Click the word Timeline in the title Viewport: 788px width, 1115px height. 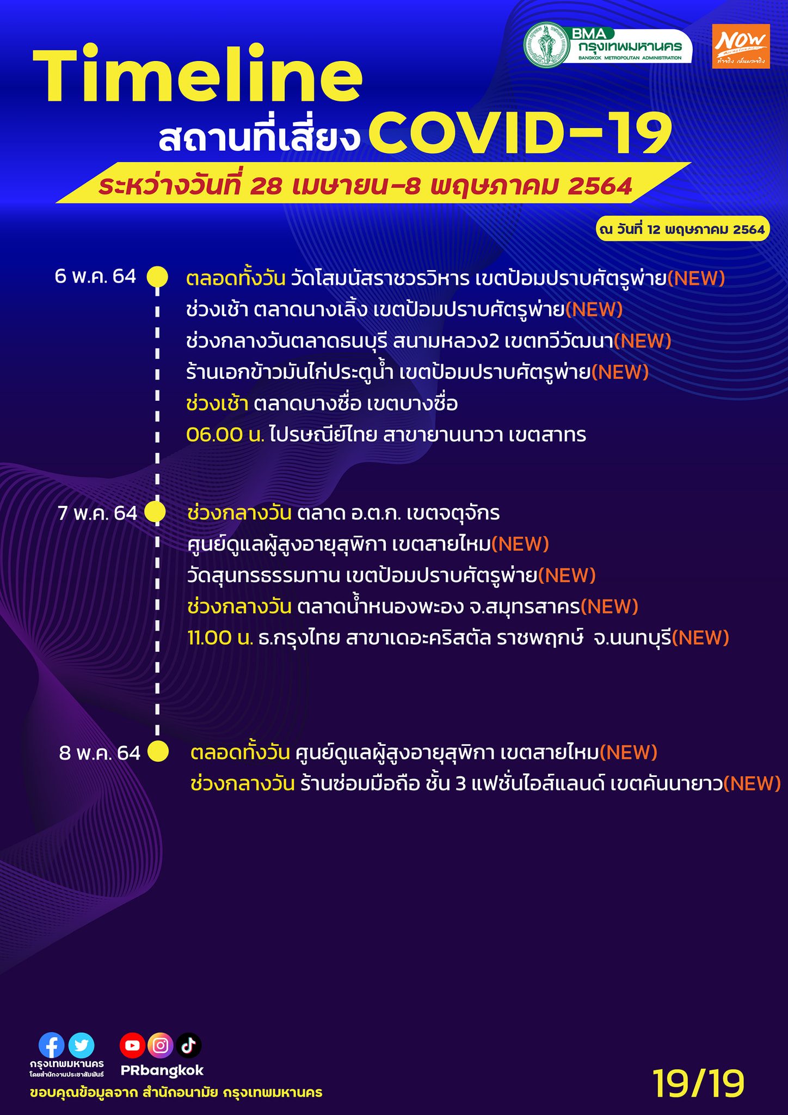click(x=198, y=74)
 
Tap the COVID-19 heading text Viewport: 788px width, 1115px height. click(x=520, y=133)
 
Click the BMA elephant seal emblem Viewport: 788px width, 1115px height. click(x=546, y=45)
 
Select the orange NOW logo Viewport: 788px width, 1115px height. click(x=741, y=46)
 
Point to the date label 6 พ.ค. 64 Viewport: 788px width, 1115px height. click(x=95, y=276)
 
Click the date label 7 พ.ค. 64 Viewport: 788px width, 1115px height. click(x=97, y=513)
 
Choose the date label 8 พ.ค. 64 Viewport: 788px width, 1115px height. click(x=100, y=753)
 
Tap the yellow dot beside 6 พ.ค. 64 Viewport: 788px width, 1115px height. click(x=157, y=277)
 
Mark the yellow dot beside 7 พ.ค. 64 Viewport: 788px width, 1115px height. click(x=155, y=512)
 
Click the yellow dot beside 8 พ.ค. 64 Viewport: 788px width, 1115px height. click(x=158, y=751)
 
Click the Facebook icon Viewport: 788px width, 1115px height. click(x=52, y=1045)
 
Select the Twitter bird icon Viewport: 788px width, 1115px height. click(x=81, y=1045)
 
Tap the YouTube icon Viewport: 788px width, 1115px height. click(x=132, y=1045)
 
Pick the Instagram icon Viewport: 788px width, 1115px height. click(x=161, y=1045)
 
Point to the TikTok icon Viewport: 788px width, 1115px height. click(x=189, y=1045)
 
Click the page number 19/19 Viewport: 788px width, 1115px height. click(x=698, y=1083)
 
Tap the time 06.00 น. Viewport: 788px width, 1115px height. click(x=225, y=434)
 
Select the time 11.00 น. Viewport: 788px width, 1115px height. click(x=220, y=638)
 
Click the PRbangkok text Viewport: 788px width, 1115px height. click(x=162, y=1070)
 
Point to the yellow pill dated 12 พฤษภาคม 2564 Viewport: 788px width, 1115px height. click(x=682, y=229)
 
